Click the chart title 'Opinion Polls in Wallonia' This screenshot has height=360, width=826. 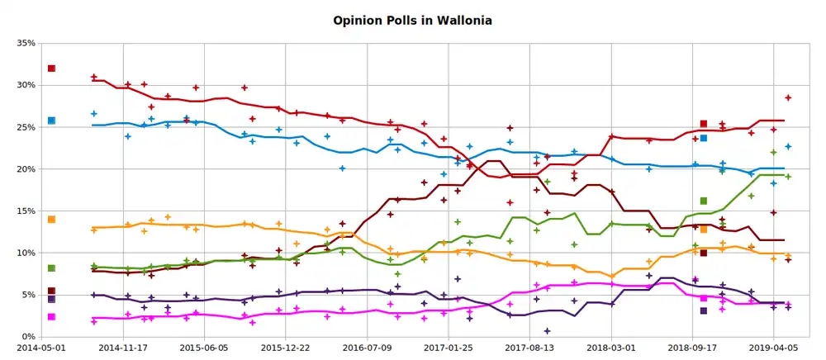pyautogui.click(x=412, y=19)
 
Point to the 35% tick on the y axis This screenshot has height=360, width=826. pyautogui.click(x=23, y=43)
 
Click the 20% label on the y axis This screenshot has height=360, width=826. pyautogui.click(x=23, y=169)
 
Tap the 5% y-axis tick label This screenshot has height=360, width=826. pyautogui.click(x=26, y=295)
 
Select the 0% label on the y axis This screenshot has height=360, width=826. pyautogui.click(x=26, y=337)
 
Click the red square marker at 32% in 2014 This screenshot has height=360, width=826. pyautogui.click(x=51, y=69)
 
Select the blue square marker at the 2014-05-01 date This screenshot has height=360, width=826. pyautogui.click(x=51, y=121)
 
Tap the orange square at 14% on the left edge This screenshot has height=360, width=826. pyautogui.click(x=51, y=220)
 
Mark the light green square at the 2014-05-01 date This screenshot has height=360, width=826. pyautogui.click(x=51, y=268)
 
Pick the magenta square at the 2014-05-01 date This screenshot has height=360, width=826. pyautogui.click(x=51, y=317)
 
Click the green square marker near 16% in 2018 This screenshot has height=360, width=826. pyautogui.click(x=704, y=201)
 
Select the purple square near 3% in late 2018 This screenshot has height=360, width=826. pyautogui.click(x=704, y=311)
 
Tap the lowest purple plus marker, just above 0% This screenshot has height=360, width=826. pyautogui.click(x=547, y=331)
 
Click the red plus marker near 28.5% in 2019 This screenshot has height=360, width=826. pyautogui.click(x=788, y=97)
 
